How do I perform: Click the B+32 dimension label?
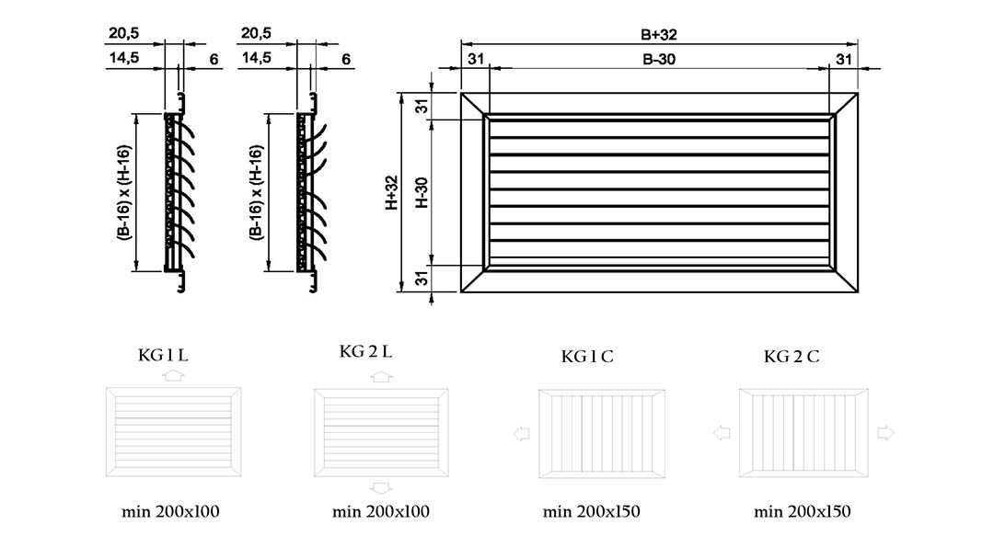659,35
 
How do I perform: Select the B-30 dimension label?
659,60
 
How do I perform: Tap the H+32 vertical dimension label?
392,192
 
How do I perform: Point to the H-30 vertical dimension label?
422,192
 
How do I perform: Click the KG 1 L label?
163,355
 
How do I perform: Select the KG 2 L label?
365,351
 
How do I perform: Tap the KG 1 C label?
587,357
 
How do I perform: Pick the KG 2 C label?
792,357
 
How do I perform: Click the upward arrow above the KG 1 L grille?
173,375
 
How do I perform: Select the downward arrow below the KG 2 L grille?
381,488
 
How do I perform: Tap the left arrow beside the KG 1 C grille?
521,434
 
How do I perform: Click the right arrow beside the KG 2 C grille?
885,433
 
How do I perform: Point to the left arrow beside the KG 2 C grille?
722,433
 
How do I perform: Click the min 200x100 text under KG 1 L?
170,512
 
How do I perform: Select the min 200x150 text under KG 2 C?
802,512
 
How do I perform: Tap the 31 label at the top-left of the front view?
476,59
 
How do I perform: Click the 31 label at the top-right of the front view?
844,59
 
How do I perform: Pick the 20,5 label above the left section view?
123,33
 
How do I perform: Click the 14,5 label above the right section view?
256,58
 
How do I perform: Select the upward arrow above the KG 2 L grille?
381,376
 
